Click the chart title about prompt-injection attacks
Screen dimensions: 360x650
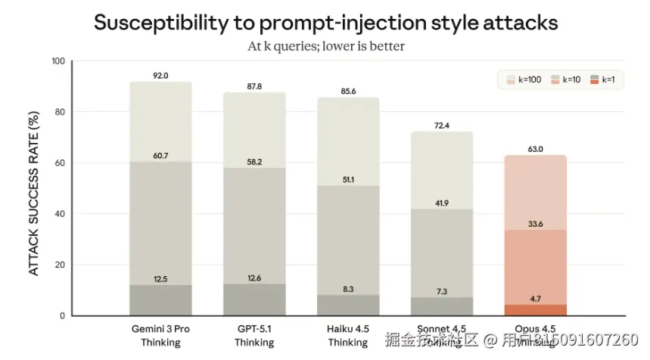pos(325,23)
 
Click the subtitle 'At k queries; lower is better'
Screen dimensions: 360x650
pos(325,46)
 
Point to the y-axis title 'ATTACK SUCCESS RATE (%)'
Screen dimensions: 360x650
pos(34,192)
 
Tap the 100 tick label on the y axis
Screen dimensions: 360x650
pos(58,61)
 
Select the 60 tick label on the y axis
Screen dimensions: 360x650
pos(61,163)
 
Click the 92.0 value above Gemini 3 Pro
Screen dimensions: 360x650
pos(160,76)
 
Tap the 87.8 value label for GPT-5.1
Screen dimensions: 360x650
pos(253,87)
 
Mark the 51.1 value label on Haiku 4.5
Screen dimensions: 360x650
pos(347,180)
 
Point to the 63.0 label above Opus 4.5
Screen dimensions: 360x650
pos(535,150)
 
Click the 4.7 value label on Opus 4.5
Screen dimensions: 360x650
pos(535,299)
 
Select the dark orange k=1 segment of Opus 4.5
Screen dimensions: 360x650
pos(535,310)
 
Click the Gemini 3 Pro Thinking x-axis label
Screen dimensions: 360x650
pos(160,336)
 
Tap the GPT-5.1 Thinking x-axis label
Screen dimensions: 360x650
pos(253,336)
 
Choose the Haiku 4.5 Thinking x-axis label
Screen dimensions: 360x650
pos(347,336)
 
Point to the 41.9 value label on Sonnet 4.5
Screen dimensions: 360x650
pos(441,203)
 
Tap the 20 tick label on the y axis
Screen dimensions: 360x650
pos(61,265)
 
